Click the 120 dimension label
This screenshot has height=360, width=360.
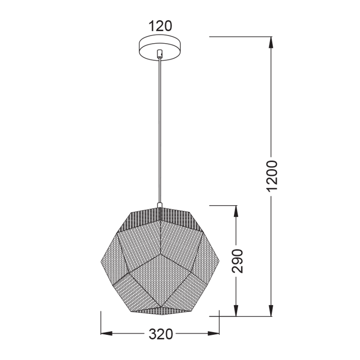click(160, 26)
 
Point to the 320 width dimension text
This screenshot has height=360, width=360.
click(160, 334)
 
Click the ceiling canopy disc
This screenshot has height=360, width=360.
click(160, 46)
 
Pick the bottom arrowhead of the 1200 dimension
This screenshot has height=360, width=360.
click(272, 311)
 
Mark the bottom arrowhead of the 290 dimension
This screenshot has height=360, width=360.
click(236, 311)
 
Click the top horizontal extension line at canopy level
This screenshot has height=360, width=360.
click(239, 37)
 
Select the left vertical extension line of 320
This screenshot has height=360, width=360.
click(100, 321)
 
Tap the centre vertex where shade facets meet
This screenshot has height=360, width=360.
click(159, 254)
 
